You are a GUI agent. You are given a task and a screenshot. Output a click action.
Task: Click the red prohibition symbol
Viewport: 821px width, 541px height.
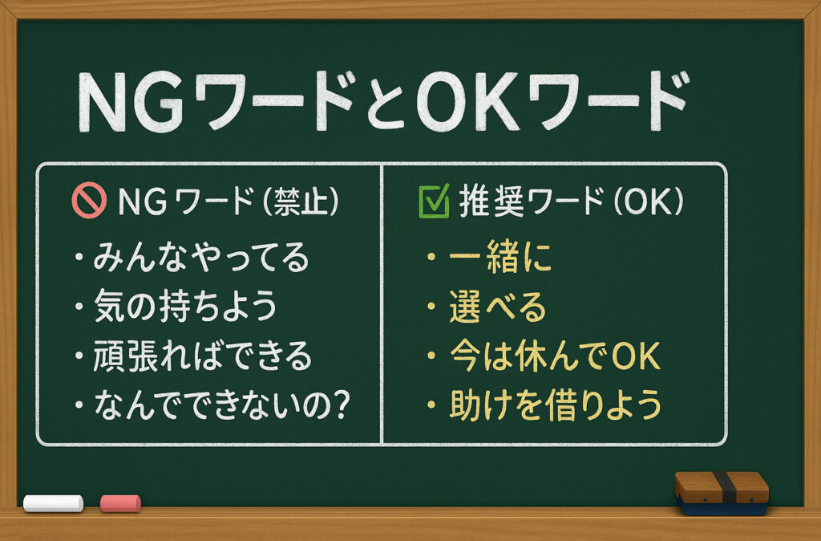[89, 200]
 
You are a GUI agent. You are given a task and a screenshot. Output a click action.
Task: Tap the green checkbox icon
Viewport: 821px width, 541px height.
[434, 201]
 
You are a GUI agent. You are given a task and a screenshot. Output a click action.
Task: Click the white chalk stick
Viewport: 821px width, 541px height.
[54, 503]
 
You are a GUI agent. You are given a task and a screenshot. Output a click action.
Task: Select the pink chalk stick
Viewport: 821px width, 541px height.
[120, 503]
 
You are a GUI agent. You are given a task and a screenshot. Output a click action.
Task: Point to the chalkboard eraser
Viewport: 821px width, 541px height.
[722, 494]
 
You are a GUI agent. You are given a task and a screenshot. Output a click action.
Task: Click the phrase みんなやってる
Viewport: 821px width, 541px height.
[201, 258]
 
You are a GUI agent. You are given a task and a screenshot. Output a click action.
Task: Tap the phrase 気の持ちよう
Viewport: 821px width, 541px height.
[185, 306]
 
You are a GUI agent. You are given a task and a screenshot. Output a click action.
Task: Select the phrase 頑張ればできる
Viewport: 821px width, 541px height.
[202, 356]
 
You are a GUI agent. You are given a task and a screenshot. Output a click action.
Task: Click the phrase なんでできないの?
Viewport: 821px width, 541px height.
[221, 405]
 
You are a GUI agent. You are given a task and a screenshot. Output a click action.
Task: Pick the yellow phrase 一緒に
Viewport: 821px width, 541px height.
[500, 257]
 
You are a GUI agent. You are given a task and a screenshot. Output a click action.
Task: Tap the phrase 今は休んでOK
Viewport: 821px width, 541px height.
[555, 356]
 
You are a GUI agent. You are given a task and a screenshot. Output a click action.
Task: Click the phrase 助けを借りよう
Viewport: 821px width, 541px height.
[556, 405]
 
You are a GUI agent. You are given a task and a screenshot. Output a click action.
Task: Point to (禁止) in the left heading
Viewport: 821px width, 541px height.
[300, 201]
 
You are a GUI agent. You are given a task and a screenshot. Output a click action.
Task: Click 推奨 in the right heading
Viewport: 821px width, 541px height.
[491, 201]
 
